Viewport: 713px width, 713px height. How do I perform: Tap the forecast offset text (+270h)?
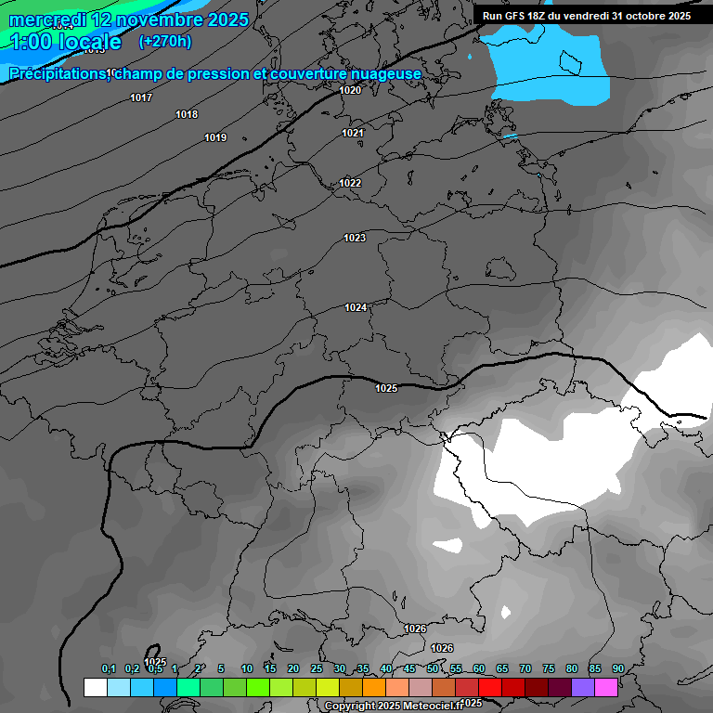pos(164,41)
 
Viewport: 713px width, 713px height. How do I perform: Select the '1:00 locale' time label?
pos(65,42)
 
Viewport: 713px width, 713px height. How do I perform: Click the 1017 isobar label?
pos(141,97)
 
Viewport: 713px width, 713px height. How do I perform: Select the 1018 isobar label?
pos(187,114)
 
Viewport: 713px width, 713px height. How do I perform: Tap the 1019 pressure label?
pos(215,137)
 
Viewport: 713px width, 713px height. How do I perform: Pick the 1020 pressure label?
pos(350,90)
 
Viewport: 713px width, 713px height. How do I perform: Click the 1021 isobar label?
pos(352,133)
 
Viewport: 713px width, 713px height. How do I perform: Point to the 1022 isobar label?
pos(350,183)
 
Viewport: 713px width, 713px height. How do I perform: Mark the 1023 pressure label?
pos(355,238)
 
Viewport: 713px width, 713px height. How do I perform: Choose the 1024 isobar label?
pos(356,307)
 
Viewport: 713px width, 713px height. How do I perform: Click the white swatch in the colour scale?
pos(95,687)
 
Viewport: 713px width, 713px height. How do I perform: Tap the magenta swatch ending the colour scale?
pos(606,687)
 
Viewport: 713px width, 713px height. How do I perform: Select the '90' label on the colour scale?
pos(617,668)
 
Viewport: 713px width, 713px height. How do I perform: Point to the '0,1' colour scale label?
pos(109,668)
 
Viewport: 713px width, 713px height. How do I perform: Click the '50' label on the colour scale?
pos(433,668)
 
